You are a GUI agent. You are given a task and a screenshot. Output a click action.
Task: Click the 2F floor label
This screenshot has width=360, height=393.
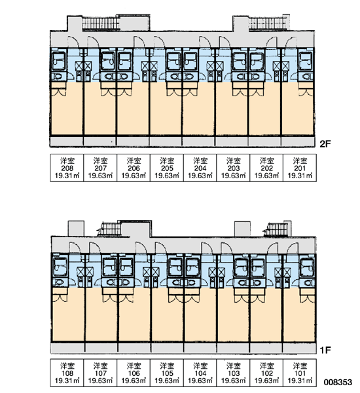pos(325,144)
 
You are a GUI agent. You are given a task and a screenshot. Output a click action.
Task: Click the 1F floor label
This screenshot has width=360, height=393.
pos(325,350)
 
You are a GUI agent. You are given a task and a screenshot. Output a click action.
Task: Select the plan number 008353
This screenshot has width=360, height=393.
pos(338,383)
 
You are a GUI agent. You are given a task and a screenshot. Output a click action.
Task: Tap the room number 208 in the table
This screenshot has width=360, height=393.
pos(67,168)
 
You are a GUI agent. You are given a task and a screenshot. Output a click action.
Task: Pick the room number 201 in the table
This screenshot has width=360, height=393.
pos(300,168)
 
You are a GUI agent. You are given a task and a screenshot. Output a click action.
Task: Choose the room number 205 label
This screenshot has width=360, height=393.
pos(167,168)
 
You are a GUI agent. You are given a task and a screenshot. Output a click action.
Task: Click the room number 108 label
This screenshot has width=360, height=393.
pos(67,373)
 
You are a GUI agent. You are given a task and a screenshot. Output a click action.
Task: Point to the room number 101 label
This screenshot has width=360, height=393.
pos(300,373)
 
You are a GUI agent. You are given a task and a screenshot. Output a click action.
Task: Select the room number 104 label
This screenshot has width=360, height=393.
pos(200,373)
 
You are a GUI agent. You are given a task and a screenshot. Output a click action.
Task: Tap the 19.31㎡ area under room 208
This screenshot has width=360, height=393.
pos(67,176)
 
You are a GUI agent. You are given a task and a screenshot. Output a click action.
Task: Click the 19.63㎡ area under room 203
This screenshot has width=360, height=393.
pos(233,176)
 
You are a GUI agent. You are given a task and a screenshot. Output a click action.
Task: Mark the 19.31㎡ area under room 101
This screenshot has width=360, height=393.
pos(300,381)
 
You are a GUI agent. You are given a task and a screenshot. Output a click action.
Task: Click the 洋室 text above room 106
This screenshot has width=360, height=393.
pos(134,366)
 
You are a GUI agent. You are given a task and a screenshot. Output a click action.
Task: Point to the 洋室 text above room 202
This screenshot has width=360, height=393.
pos(266,160)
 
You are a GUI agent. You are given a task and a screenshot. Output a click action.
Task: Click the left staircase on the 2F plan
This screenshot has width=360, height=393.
pos(100,24)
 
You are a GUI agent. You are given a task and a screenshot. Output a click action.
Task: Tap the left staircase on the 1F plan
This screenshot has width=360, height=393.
pos(109,229)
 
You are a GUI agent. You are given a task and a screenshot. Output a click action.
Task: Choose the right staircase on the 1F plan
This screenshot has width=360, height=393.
pos(276,229)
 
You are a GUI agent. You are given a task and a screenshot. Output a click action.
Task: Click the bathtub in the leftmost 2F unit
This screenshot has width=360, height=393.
pos(59,61)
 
